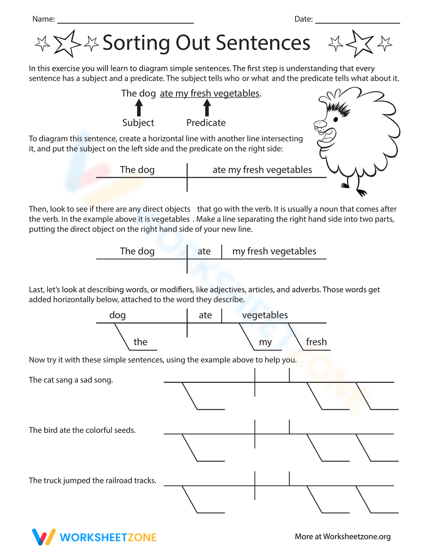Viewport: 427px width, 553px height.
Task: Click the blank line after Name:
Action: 125,21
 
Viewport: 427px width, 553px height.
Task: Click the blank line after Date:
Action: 357,21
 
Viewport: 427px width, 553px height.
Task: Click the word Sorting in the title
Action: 136,43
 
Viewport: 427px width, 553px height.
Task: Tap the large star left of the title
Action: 66,43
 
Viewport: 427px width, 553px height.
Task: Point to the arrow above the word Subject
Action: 139,107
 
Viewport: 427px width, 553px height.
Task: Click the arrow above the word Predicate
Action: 207,107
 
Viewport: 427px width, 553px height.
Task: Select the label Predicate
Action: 206,123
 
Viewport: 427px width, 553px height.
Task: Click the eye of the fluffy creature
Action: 336,119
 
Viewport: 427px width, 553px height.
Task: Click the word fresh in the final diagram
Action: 316,342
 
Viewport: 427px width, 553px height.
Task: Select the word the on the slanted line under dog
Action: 140,342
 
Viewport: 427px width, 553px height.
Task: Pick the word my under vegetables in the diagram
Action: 265,342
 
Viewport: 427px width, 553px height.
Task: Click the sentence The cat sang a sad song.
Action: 71,380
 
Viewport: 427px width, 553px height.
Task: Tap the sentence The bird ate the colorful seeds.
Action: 82,430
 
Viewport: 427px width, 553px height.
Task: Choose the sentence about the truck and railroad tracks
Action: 92,481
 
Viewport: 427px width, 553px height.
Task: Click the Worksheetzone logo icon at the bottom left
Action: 44,537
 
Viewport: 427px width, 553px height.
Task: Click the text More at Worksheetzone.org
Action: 342,537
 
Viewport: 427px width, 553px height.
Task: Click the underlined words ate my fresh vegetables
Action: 210,94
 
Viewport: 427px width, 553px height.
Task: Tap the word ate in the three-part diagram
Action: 204,251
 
